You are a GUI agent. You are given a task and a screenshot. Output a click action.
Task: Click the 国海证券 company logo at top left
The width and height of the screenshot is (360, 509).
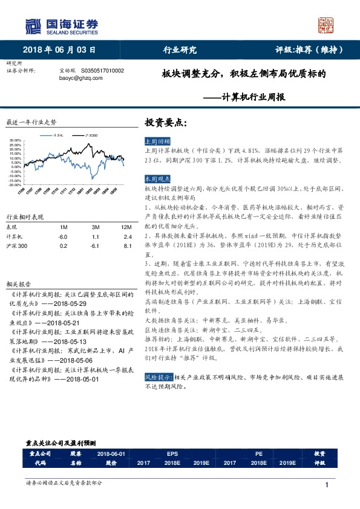point(61,25)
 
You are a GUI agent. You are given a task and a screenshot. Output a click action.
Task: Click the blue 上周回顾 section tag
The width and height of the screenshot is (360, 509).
point(156,140)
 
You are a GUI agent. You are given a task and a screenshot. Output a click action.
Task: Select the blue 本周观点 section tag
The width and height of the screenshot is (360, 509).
point(156,180)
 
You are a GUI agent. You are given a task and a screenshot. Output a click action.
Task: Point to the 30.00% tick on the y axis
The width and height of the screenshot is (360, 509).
point(16,141)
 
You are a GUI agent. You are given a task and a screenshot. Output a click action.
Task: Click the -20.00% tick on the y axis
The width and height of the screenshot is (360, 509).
point(16,185)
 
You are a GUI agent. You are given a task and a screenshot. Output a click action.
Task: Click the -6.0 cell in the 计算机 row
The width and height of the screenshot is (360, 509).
point(64,236)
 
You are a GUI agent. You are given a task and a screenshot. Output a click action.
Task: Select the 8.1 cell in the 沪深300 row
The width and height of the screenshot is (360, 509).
point(127,246)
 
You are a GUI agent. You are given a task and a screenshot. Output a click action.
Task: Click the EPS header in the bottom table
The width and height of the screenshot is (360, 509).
point(171,453)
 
